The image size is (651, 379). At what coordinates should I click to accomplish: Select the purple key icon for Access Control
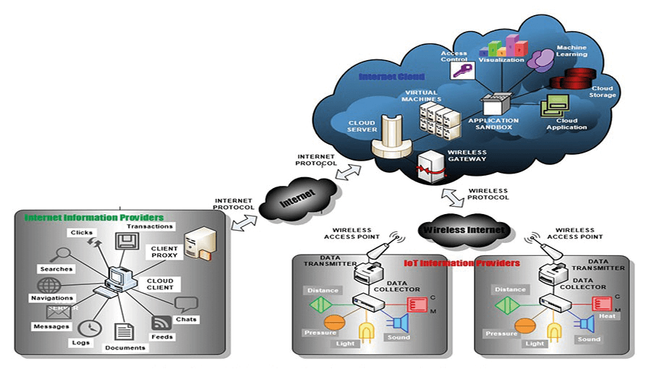click(x=461, y=71)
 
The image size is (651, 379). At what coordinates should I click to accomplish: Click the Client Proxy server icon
click(x=198, y=242)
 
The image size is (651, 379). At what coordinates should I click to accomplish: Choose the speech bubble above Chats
click(x=186, y=305)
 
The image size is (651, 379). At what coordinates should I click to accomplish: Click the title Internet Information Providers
click(x=94, y=217)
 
